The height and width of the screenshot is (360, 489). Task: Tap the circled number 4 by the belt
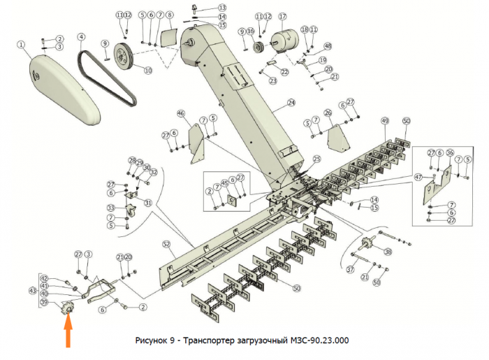(81, 37)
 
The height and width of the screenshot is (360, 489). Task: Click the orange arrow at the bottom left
(68, 337)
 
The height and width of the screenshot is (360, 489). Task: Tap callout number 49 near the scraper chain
(384, 122)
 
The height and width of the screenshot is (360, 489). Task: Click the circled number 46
(180, 113)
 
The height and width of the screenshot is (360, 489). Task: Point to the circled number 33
(111, 208)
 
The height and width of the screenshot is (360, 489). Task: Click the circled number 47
(418, 178)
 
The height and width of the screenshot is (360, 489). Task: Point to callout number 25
(316, 159)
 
